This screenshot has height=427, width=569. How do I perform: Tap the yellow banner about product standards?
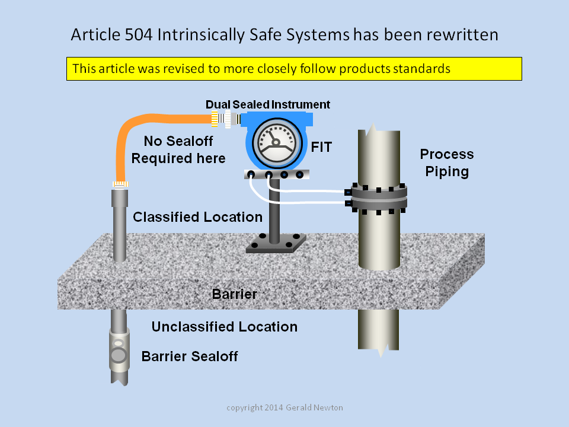tap(294, 69)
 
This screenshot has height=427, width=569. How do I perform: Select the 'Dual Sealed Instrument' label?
tap(268, 104)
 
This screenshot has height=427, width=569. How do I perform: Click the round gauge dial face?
tap(277, 143)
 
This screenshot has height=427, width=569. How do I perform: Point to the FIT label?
tap(321, 147)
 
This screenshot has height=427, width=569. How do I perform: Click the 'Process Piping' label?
tap(447, 162)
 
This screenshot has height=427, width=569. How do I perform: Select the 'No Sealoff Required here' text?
tap(178, 149)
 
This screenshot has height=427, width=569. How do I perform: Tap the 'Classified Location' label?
tap(197, 217)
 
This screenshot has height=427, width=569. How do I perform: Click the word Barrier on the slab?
tap(235, 294)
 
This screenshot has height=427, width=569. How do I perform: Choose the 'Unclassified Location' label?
tap(224, 327)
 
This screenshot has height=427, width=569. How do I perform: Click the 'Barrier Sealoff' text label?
tap(190, 356)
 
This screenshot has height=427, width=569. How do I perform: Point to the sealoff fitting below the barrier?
tap(119, 350)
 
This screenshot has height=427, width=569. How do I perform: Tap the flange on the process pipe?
tap(377, 198)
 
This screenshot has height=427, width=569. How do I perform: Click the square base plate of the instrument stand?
tap(276, 243)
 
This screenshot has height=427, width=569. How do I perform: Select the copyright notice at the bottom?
tap(284, 408)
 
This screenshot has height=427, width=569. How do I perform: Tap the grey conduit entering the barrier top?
tap(120, 225)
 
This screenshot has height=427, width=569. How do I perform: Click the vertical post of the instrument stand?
tap(274, 211)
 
